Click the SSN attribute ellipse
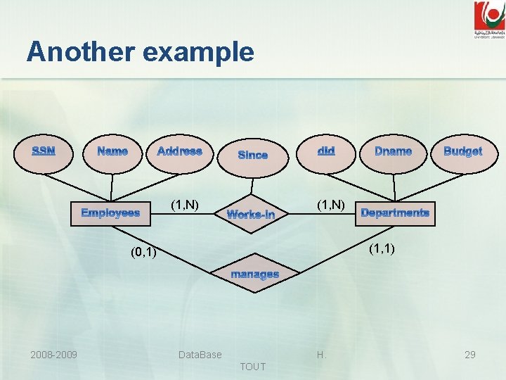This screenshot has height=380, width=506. (44, 151)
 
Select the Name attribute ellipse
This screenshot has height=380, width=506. (112, 151)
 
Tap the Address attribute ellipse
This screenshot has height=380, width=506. (180, 151)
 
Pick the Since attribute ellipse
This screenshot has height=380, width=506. (252, 155)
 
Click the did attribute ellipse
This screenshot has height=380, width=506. (326, 151)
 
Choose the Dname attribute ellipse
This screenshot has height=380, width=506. (394, 151)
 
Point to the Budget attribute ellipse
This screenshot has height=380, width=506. (462, 151)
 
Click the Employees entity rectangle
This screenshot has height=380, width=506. (110, 213)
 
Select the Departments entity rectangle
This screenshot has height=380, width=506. (394, 213)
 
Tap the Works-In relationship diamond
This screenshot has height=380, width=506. (251, 214)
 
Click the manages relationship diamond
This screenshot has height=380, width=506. (254, 274)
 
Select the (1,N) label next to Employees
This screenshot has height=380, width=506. (186, 205)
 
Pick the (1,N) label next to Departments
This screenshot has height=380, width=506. (330, 205)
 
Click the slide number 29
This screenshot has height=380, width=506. (469, 355)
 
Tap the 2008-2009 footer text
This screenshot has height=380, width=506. (53, 355)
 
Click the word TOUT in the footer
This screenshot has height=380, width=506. (252, 367)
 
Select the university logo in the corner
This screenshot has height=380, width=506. (488, 19)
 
